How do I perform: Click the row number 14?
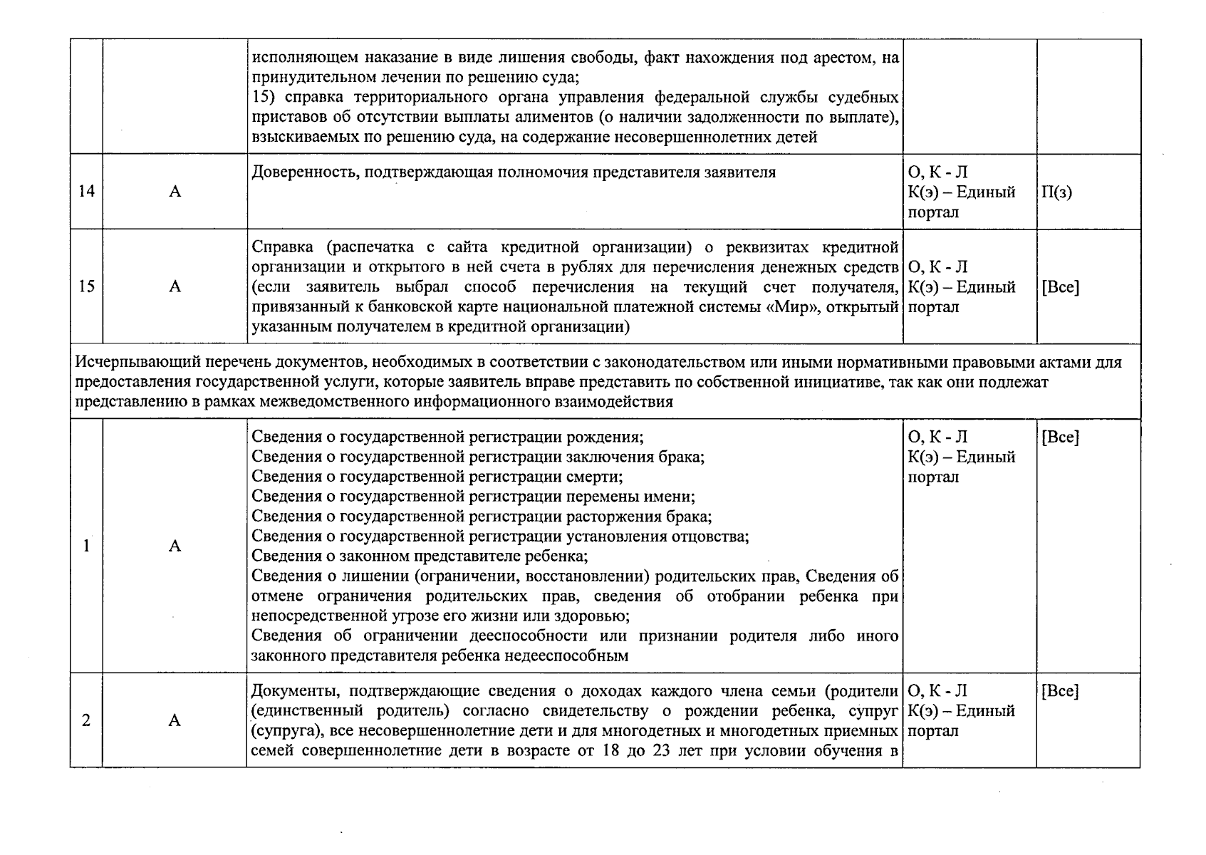tap(86, 192)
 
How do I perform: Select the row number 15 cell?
tap(86, 286)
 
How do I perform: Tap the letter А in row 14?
tap(175, 192)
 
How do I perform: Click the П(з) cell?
tap(1056, 192)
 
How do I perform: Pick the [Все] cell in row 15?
tap(1060, 287)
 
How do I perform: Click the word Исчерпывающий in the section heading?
tap(125, 362)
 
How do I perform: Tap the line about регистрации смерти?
tap(437, 477)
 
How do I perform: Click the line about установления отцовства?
tap(499, 537)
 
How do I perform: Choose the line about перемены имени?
tap(473, 497)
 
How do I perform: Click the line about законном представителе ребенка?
tap(420, 556)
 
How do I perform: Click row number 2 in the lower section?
tap(86, 720)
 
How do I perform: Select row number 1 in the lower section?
tap(86, 546)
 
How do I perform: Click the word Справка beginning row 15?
tap(281, 248)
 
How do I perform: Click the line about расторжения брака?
tap(482, 517)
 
